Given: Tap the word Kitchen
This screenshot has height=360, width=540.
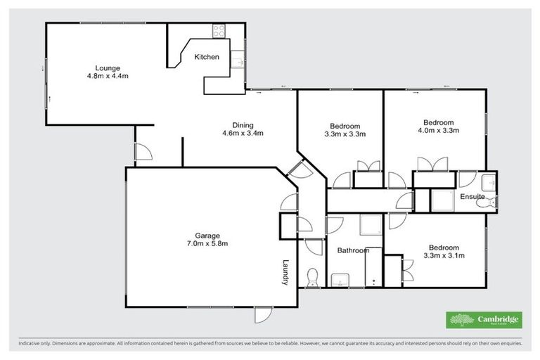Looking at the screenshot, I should [207, 57].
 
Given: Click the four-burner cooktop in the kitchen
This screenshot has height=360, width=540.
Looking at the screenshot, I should [219, 30].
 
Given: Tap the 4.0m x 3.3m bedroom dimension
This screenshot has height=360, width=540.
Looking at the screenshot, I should [439, 130].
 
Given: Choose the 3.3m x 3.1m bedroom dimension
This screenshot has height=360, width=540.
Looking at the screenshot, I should [444, 256].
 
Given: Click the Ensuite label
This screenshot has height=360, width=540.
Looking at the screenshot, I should [472, 198].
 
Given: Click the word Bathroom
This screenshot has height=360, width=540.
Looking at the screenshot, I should [352, 250].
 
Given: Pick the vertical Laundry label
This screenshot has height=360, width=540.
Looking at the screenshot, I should [286, 271].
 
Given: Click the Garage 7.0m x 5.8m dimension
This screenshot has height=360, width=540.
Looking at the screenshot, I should [207, 244].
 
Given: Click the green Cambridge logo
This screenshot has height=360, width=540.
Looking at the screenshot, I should [485, 320].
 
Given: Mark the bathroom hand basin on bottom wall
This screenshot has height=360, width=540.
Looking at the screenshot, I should [340, 280].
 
